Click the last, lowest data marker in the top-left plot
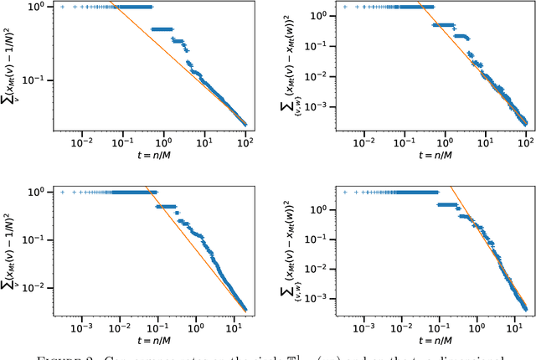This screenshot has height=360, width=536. [x=245, y=125]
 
